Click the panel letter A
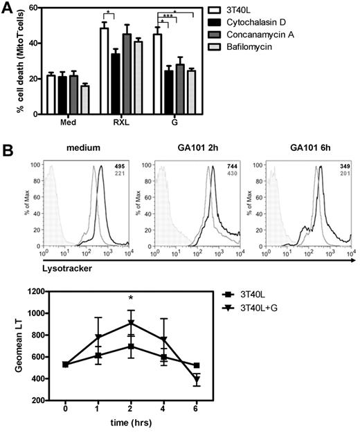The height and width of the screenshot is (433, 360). point(8,8)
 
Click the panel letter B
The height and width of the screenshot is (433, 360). point(8,148)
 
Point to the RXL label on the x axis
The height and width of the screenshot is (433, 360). point(119,125)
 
